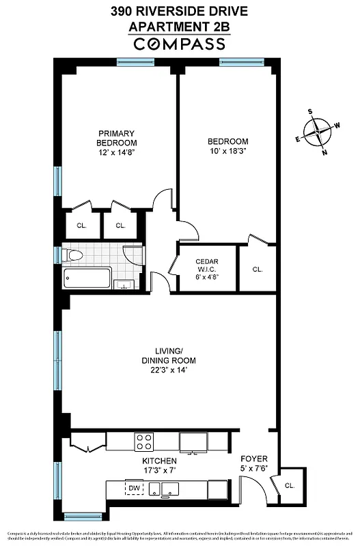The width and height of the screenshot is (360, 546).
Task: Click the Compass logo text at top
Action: tap(179, 44)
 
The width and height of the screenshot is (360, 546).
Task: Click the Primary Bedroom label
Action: tap(116, 138)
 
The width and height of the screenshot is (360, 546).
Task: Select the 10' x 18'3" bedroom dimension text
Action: tap(227, 152)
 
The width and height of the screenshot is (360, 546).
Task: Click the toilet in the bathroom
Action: tap(72, 255)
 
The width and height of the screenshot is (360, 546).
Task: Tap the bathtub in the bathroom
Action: tap(87, 278)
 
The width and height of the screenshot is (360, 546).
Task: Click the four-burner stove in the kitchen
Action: tap(143, 442)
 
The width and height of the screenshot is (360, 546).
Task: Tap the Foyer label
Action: tap(254, 459)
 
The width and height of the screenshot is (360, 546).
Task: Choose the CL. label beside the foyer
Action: tap(289, 486)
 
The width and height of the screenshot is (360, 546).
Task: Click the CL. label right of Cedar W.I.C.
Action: tap(258, 270)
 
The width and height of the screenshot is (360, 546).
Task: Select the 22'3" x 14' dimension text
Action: tap(169, 370)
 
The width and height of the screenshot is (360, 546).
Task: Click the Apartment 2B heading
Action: tap(179, 27)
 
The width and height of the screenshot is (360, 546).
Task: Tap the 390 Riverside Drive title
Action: tap(179, 12)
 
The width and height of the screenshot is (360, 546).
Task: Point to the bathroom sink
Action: tap(124, 283)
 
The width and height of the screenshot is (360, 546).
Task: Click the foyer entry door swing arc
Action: tap(254, 486)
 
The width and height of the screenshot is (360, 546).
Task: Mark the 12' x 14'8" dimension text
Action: tap(116, 152)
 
